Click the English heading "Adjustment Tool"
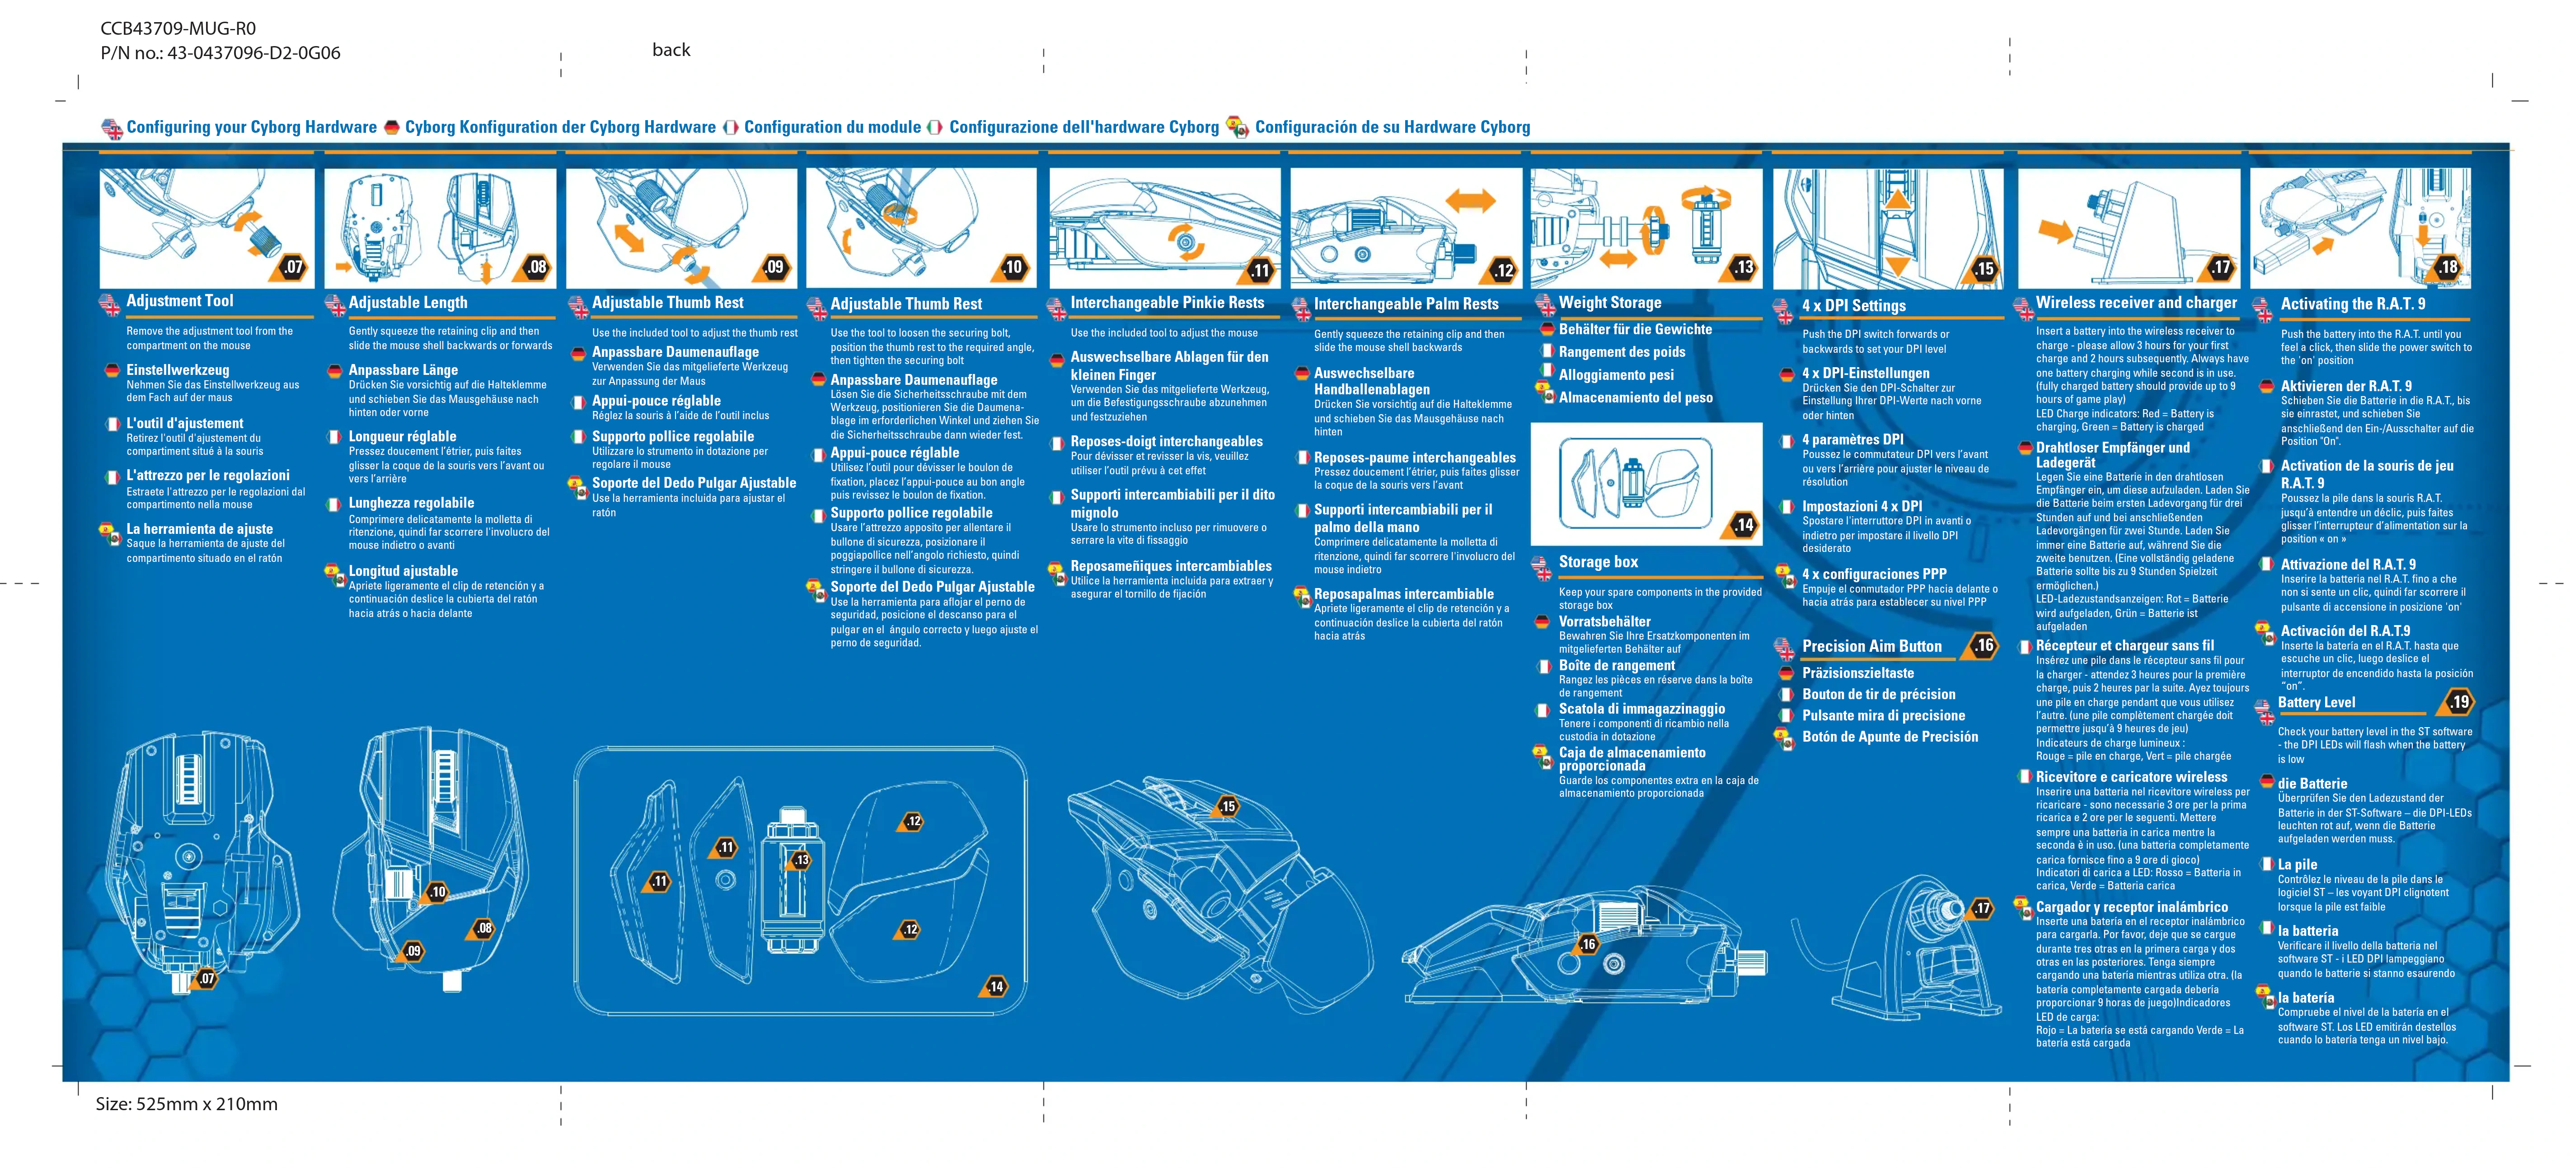point(179,301)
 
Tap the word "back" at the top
point(671,50)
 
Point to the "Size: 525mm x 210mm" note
point(187,1104)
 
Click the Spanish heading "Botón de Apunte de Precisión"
point(1890,737)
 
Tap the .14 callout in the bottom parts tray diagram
point(996,986)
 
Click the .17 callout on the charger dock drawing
point(1981,909)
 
